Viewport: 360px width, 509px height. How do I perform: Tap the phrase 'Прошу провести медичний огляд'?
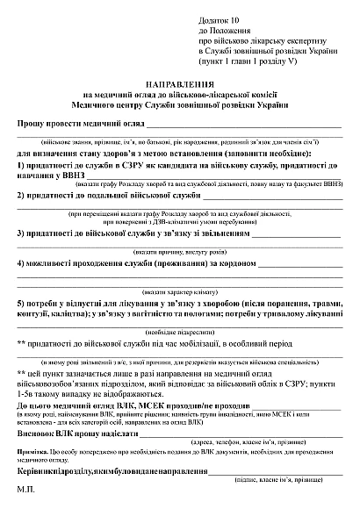click(84, 127)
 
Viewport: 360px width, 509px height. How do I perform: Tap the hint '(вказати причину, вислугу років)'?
click(179, 250)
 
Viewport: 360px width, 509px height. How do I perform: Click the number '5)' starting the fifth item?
click(21, 305)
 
